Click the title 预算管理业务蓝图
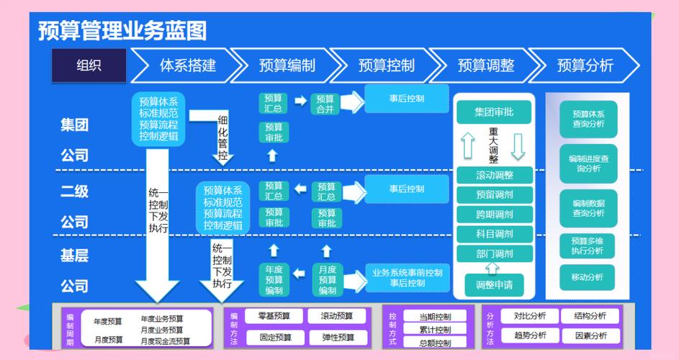[122, 31]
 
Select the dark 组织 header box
[89, 66]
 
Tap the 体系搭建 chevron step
[187, 66]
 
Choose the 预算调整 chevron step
[486, 66]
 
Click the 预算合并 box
[325, 104]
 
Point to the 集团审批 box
[494, 112]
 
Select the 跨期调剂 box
[494, 215]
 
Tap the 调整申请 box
[494, 284]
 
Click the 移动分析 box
[588, 277]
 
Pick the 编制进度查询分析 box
[588, 163]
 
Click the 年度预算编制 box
[274, 280]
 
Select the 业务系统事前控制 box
[407, 278]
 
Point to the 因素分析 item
[590, 336]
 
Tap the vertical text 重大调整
[493, 146]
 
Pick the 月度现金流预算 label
[165, 341]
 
